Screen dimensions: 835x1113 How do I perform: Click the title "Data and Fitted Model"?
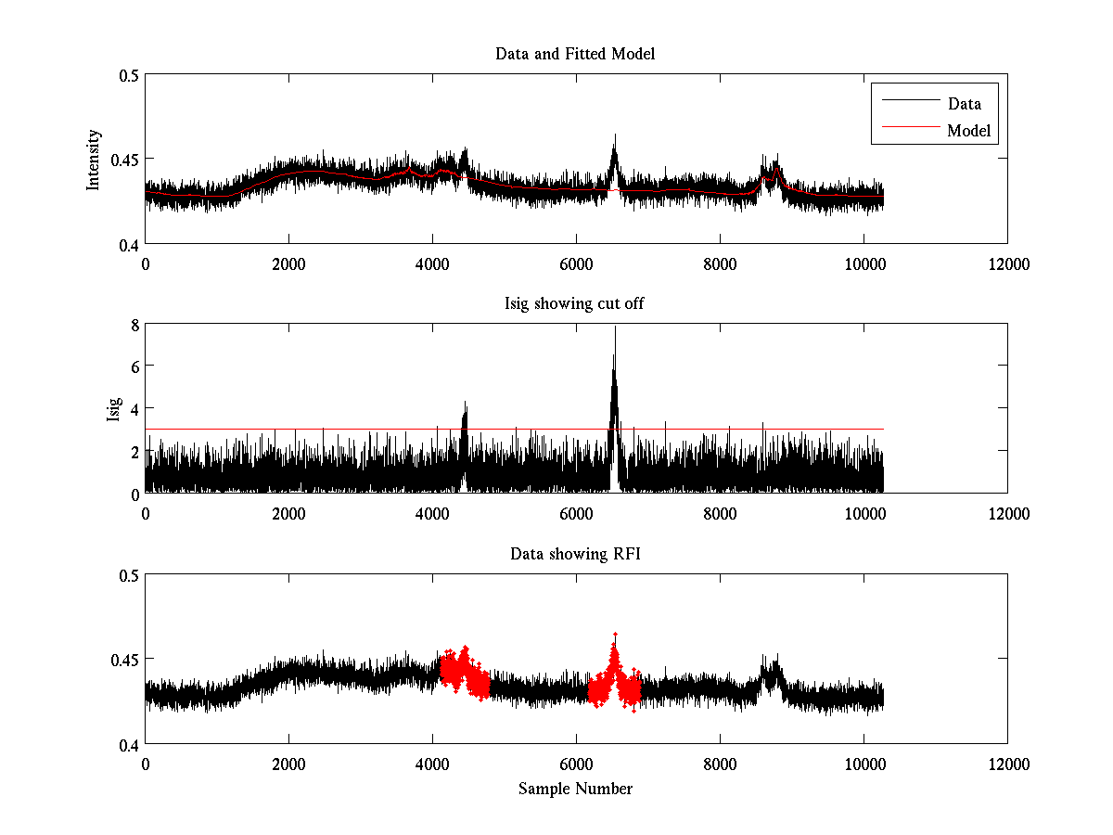[575, 54]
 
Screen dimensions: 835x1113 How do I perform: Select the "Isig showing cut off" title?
[575, 304]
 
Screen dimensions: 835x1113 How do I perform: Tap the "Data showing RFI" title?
[575, 554]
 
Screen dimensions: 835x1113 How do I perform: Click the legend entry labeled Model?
[968, 131]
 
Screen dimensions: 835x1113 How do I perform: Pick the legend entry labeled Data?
[964, 104]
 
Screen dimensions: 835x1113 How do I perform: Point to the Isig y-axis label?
[113, 409]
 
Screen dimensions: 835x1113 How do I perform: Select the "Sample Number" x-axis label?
[575, 789]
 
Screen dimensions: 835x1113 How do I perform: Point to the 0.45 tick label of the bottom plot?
[124, 660]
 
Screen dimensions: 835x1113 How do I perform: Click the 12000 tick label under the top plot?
[1007, 264]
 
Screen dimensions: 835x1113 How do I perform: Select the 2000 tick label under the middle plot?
[288, 514]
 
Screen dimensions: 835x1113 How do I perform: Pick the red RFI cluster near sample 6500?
[613, 677]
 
